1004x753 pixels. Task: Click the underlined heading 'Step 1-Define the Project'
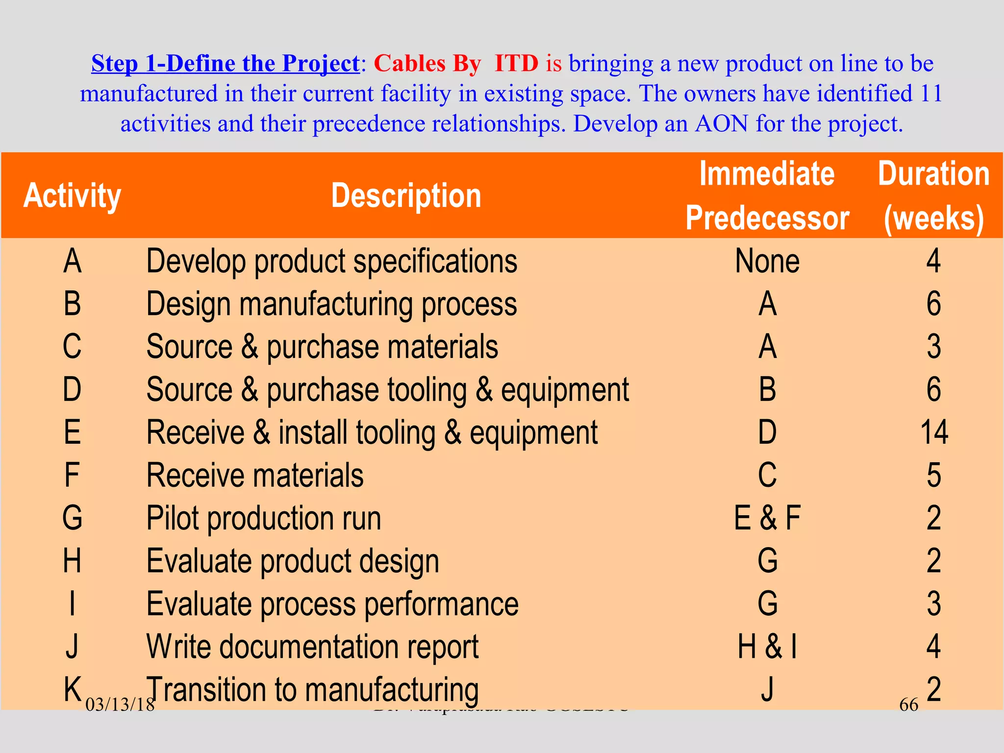point(226,64)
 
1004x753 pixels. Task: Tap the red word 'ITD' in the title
point(516,64)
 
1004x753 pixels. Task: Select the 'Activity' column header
point(73,196)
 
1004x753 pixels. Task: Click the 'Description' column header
point(406,196)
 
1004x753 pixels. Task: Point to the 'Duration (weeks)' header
point(933,196)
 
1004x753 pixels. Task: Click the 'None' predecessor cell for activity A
point(767,261)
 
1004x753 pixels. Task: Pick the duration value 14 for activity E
point(934,432)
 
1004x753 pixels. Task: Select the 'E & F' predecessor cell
point(767,518)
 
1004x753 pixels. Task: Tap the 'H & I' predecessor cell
point(767,647)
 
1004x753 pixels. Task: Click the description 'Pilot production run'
point(264,518)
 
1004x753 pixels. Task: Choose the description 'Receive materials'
point(255,476)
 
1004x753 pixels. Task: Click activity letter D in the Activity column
point(72,390)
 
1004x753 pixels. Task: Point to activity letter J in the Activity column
point(72,647)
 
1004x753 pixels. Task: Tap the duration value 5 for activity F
point(934,476)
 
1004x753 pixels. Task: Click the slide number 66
point(908,705)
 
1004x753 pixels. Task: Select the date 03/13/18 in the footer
point(120,705)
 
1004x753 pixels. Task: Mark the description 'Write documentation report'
point(312,647)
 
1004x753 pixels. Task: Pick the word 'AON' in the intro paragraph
point(722,124)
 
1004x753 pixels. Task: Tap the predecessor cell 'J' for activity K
point(767,689)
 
